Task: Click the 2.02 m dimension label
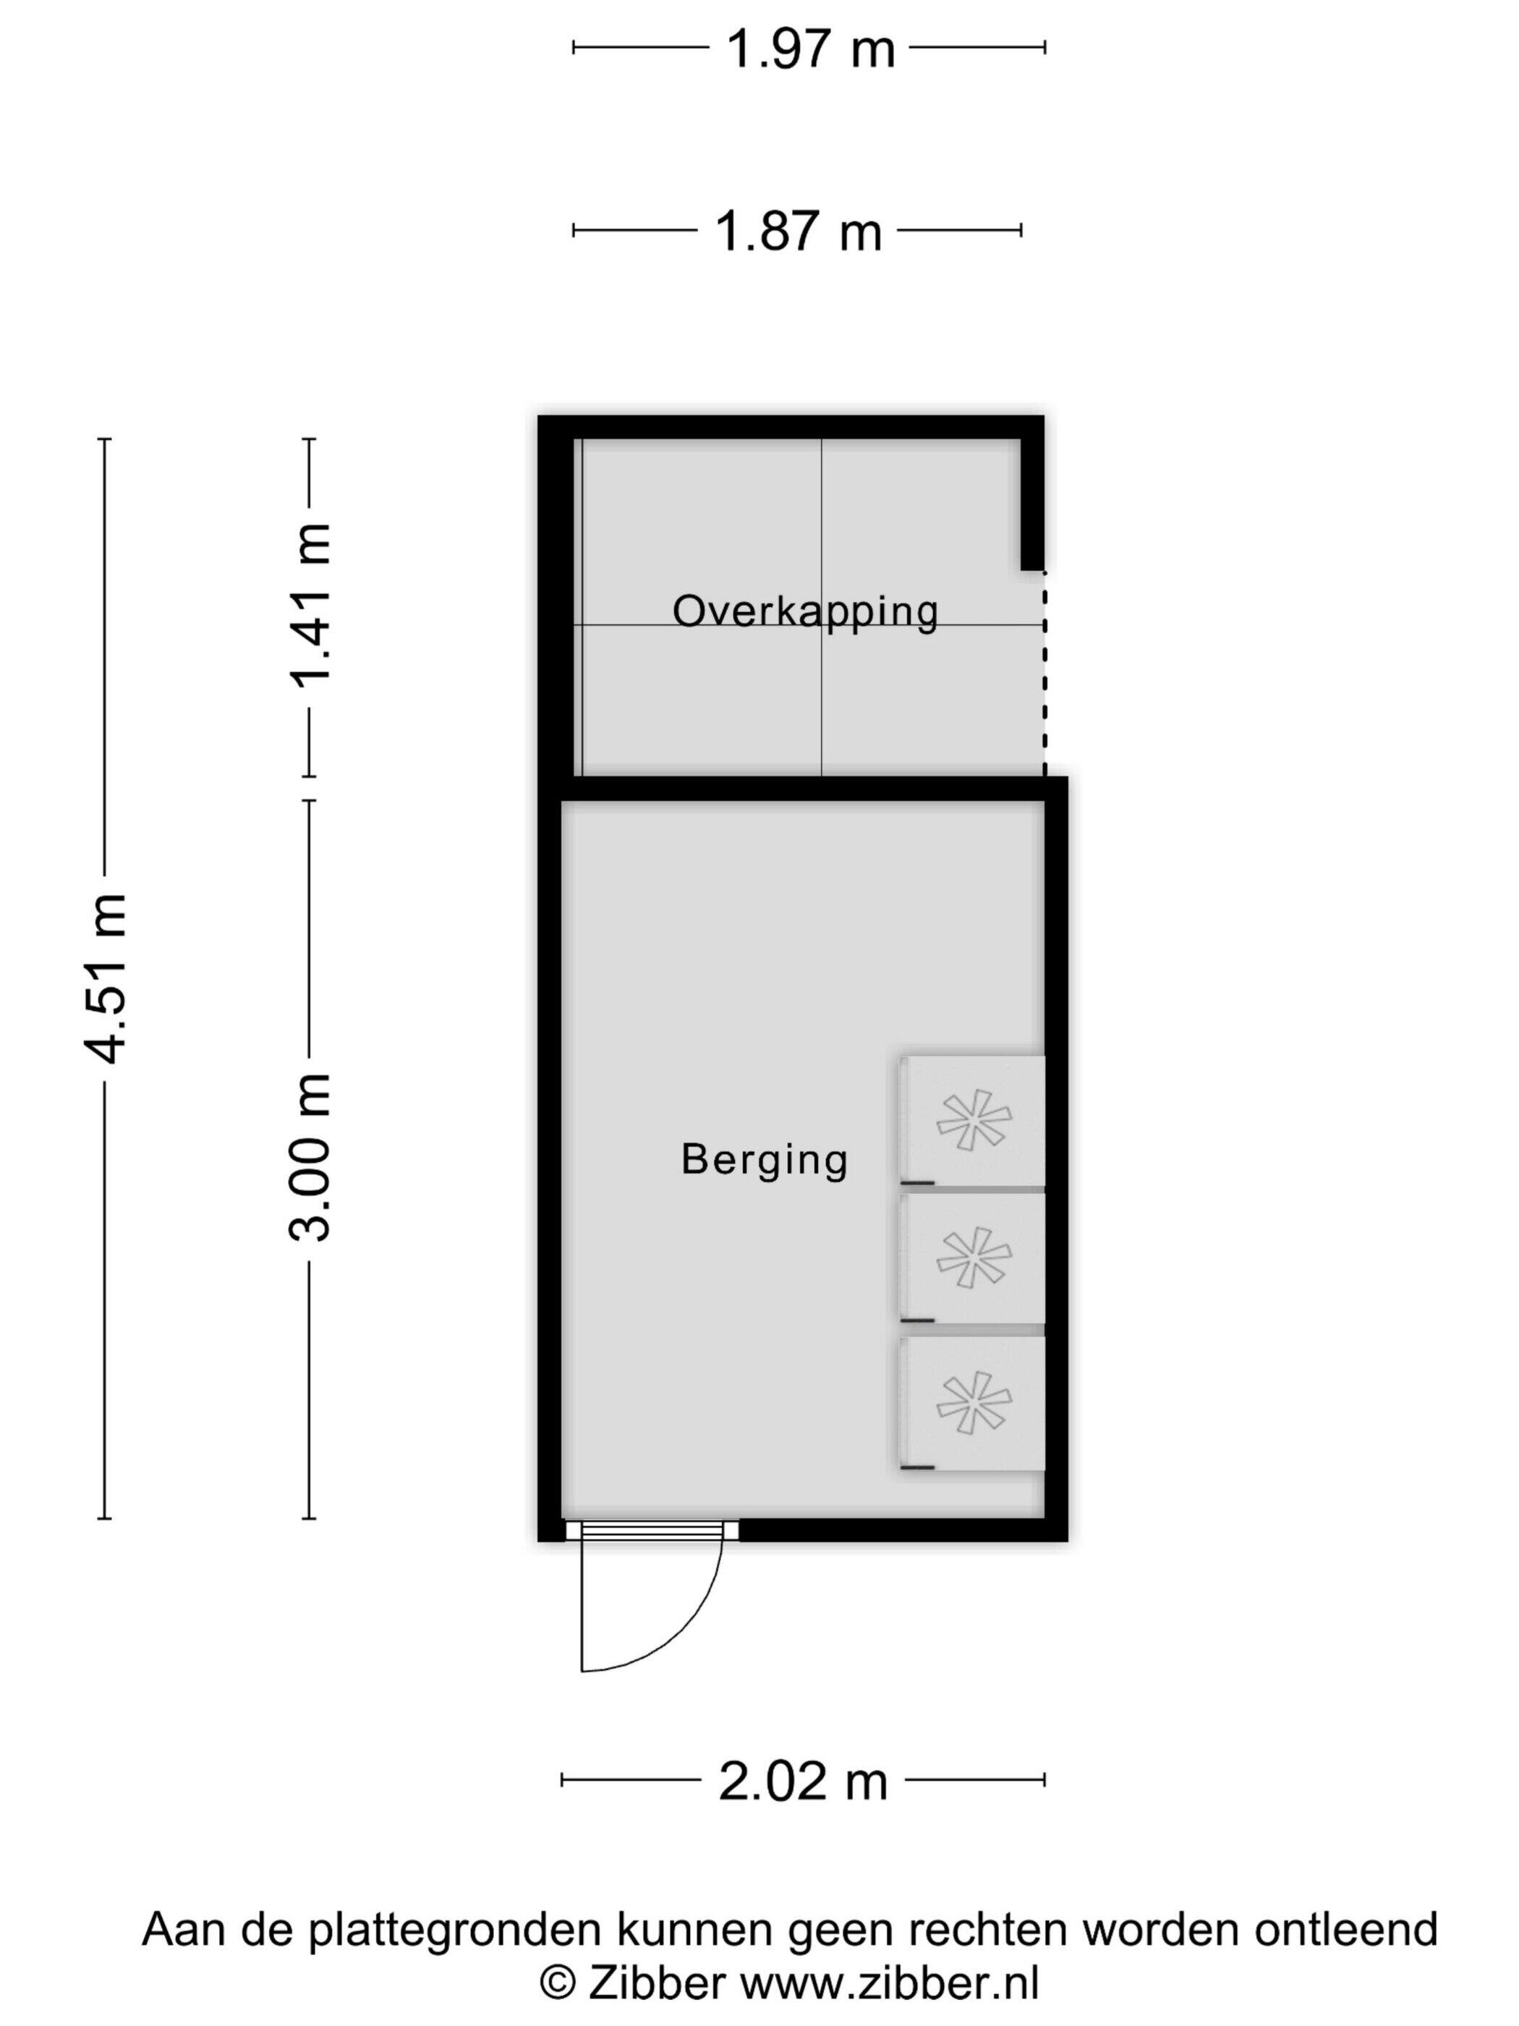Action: point(803,1781)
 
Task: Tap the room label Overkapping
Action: point(806,611)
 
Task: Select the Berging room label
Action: point(765,1160)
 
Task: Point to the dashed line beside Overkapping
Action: point(1044,673)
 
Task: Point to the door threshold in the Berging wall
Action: point(652,1530)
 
